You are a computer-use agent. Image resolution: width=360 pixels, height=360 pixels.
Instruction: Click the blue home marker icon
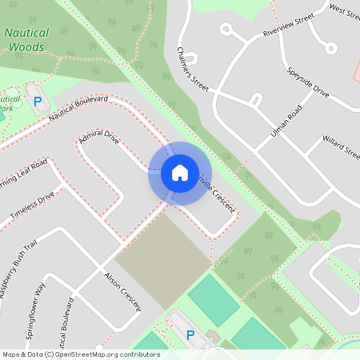coord(179,172)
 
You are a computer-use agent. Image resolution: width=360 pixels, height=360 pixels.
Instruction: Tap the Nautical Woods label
coord(26,40)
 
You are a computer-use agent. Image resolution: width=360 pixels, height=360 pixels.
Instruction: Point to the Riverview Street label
coord(289,26)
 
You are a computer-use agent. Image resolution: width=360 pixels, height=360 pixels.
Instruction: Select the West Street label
coord(345,10)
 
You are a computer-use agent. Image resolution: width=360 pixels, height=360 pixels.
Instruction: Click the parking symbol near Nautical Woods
coord(37,102)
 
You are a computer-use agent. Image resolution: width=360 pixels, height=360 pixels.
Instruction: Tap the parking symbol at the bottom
coord(190,335)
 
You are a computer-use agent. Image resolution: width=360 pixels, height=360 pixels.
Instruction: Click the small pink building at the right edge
coord(356,70)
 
